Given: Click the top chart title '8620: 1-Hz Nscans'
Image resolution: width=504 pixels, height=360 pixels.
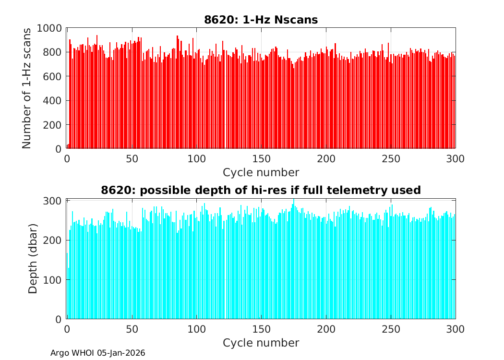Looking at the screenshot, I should [x=261, y=20].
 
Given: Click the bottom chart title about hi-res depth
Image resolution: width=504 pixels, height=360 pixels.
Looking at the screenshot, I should [x=261, y=190].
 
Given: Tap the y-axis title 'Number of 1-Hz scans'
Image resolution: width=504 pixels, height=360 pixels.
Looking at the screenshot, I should [x=27, y=88].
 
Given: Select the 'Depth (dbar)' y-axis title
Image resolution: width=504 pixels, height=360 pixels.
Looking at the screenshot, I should [x=33, y=259].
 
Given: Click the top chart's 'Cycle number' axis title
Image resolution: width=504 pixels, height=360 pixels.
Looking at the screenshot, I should [x=261, y=172].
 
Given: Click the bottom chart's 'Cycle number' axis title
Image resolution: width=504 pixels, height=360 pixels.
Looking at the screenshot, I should [x=261, y=343].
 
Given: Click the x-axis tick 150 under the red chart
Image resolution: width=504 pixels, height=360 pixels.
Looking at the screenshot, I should [x=261, y=159].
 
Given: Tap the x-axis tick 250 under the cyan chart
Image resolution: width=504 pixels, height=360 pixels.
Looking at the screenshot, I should [x=391, y=329].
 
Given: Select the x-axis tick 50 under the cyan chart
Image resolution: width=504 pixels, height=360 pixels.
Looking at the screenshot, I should [x=132, y=329].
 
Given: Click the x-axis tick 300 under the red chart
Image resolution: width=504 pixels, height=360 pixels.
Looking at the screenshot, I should [x=456, y=159].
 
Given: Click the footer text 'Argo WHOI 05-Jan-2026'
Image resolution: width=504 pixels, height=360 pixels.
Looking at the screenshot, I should [x=97, y=353].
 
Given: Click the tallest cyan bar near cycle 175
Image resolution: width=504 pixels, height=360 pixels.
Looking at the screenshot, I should [x=294, y=259].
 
